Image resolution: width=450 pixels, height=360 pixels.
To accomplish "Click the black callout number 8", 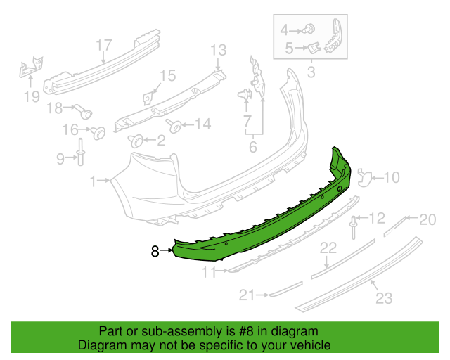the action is (155, 251).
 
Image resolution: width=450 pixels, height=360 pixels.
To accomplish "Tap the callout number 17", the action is (103, 46).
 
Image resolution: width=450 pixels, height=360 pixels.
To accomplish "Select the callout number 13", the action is (219, 50).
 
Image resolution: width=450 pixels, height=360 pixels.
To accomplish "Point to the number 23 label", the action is (384, 297).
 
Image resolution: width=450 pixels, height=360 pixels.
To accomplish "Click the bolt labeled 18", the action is (84, 111).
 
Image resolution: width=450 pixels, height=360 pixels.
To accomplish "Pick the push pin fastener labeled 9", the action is (80, 152).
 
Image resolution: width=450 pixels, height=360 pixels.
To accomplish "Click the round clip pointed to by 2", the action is (135, 141).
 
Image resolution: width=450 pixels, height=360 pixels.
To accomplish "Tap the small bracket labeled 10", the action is (364, 178).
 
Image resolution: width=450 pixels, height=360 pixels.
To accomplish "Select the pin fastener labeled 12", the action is (353, 228).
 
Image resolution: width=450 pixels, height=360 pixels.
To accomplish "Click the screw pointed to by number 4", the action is (309, 28).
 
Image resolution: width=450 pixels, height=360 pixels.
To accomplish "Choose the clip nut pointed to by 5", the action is (314, 48).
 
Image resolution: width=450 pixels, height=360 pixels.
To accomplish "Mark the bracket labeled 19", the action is (31, 67).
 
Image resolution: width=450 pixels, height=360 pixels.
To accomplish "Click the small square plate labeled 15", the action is (147, 98).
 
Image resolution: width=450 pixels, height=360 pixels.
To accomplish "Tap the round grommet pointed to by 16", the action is (98, 133).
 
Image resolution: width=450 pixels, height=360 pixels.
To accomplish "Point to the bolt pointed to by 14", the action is (174, 126).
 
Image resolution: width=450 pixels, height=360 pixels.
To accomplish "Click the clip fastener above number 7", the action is (245, 94).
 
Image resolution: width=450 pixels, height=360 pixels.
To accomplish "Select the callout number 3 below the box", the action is (311, 72).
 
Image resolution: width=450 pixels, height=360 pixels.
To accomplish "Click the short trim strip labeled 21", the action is (285, 290).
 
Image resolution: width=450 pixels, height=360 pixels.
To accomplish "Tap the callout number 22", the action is (328, 247).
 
